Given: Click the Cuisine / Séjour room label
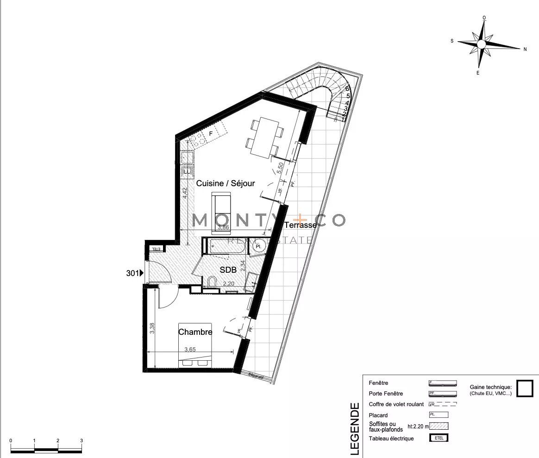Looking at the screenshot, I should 226,183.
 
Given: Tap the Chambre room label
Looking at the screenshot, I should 195,332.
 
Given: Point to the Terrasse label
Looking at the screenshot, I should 301,225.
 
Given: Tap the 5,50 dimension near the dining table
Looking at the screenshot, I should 279,167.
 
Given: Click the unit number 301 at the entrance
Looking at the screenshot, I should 132,273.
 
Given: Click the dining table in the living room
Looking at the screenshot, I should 264,138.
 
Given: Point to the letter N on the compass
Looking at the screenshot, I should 525,49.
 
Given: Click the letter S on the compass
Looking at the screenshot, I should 452,41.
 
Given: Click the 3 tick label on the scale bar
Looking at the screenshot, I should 81,441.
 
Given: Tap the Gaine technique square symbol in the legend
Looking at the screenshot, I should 525,388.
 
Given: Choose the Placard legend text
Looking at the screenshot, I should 378,415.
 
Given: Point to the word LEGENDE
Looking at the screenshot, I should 354,429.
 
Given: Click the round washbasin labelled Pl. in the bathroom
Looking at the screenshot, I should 259,246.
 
